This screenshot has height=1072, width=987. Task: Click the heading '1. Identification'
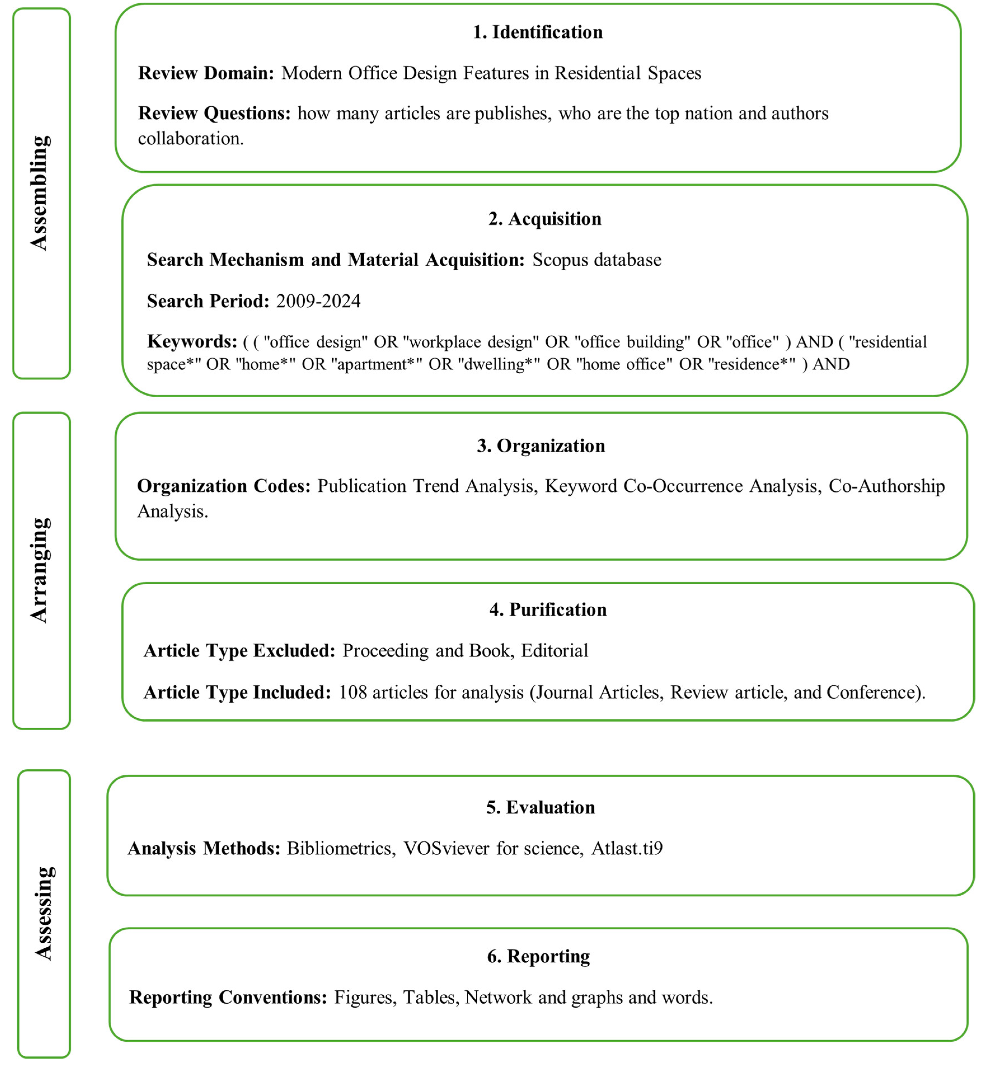[537, 32]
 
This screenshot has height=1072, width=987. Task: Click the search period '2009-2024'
[318, 301]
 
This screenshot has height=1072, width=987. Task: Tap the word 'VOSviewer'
[446, 849]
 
